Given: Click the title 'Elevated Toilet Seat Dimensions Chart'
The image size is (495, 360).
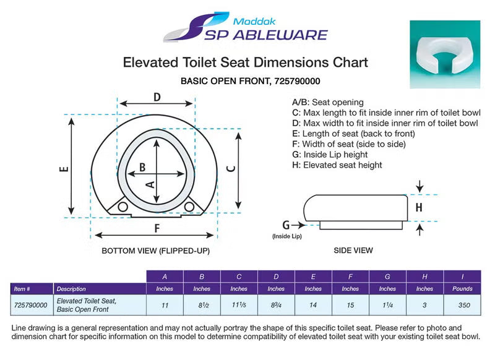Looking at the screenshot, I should [x=246, y=62].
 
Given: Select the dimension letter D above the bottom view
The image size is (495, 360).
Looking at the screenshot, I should [x=157, y=96].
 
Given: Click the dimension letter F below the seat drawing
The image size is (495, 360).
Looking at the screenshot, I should [x=157, y=228].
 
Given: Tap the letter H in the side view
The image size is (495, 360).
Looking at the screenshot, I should [x=419, y=208].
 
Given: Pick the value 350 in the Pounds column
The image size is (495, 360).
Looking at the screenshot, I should [x=462, y=305].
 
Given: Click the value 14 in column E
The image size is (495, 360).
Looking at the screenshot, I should [x=314, y=305].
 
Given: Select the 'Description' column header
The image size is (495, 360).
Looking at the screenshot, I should [x=71, y=288].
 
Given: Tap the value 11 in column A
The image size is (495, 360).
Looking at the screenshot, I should [x=165, y=305].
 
